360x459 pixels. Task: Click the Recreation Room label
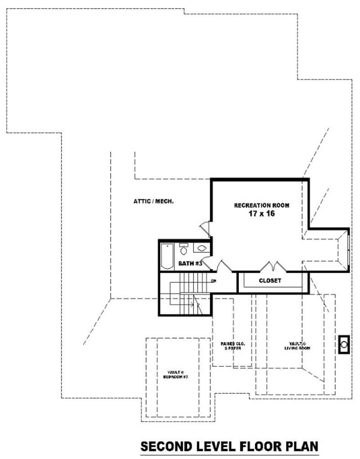pos(261,205)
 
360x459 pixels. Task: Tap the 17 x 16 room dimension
pos(261,214)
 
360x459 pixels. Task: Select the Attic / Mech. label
pos(153,201)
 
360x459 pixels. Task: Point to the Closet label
pos(270,280)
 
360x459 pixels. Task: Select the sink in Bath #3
pos(202,248)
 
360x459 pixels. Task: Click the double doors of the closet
pos(271,266)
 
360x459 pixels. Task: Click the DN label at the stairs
pos(214,281)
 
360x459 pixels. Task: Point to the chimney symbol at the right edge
pos(344,345)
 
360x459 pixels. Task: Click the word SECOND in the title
pos(166,446)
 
